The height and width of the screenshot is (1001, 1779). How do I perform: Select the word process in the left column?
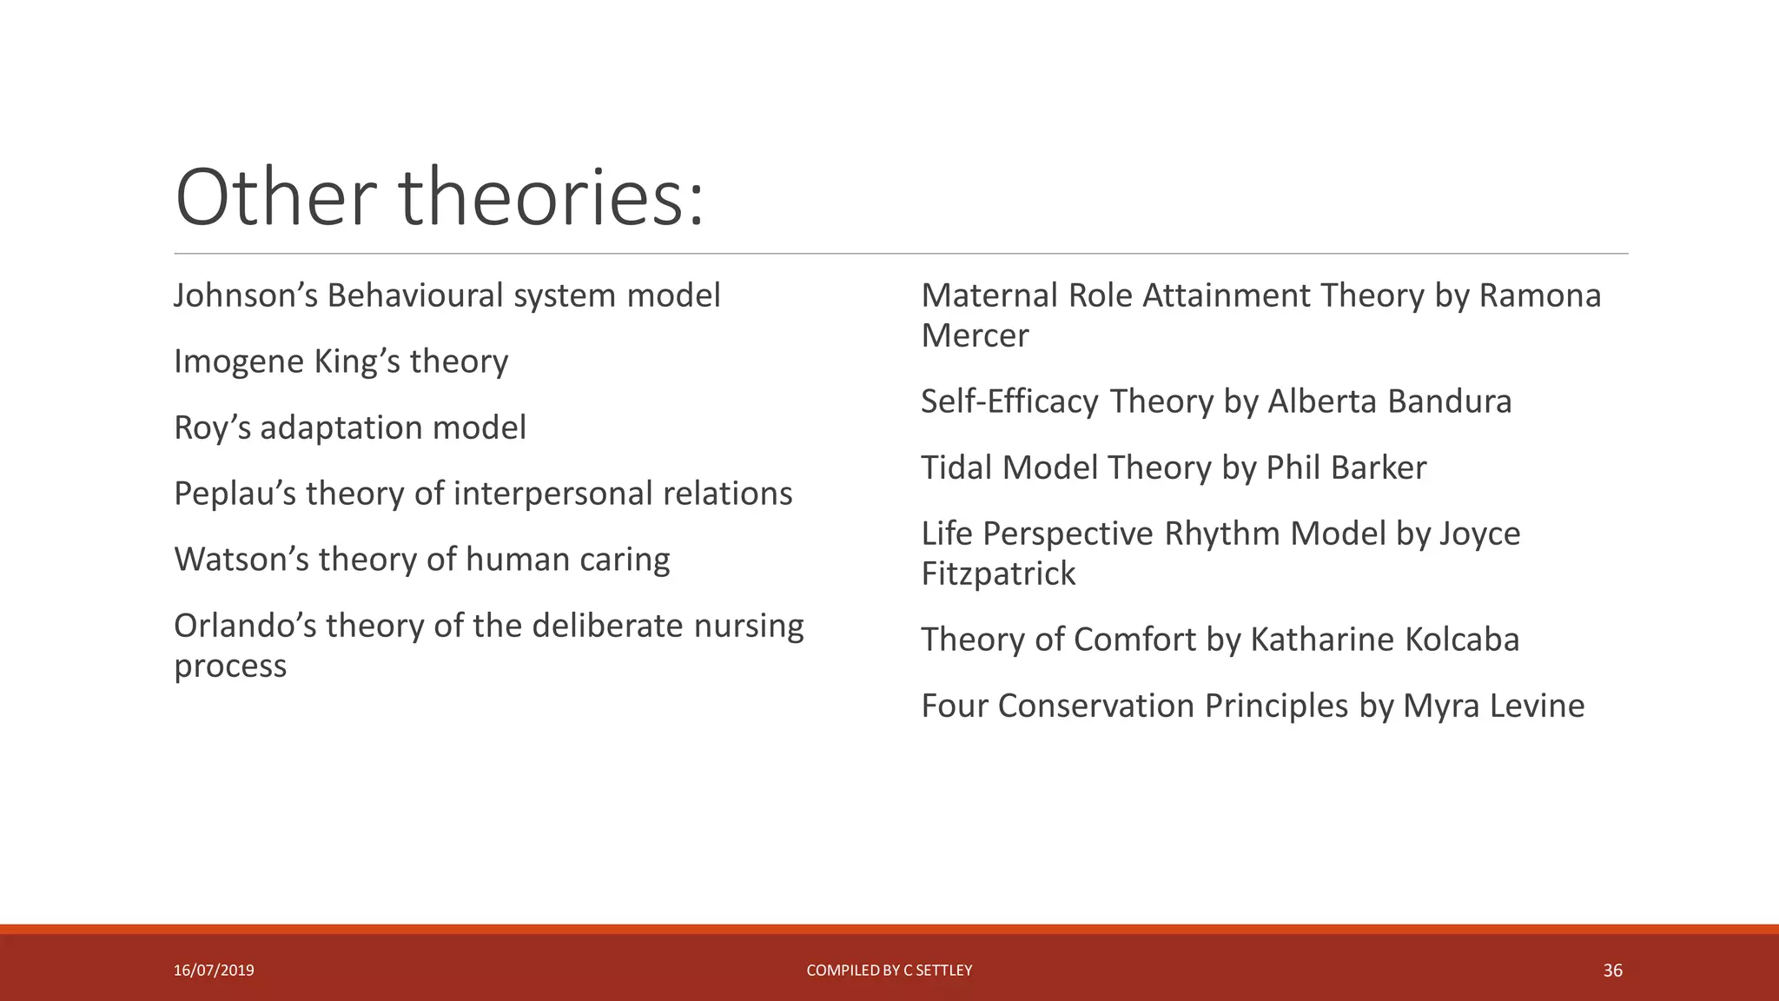click(x=230, y=666)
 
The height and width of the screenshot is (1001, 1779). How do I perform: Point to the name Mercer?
click(x=975, y=335)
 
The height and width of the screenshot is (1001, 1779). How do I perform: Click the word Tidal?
click(x=956, y=467)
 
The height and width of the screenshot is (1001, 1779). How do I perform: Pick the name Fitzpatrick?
click(x=998, y=573)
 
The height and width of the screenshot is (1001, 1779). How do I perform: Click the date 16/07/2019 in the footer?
click(x=214, y=971)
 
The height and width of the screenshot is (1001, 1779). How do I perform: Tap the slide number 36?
click(x=1612, y=971)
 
